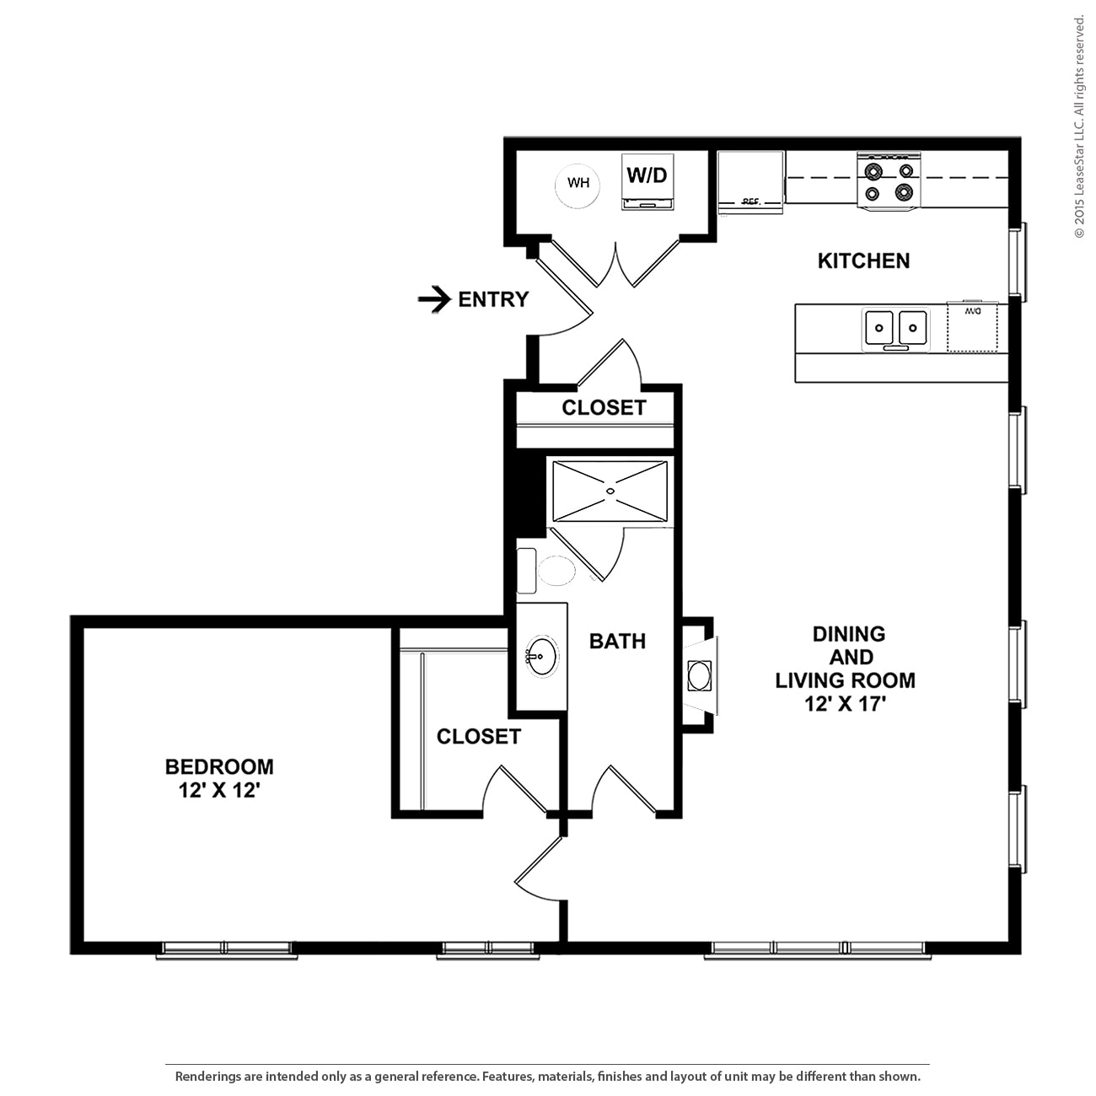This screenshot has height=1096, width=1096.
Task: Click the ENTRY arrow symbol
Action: pos(434,299)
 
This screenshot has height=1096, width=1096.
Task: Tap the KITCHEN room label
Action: pos(863,261)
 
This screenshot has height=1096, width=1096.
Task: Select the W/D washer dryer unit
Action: pos(647,181)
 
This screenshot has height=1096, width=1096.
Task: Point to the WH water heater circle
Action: pos(578,183)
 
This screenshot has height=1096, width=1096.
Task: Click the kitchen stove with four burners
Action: pos(889,180)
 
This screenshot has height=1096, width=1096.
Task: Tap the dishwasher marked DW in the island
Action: pos(972,325)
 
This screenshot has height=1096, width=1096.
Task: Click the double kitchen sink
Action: pos(895,328)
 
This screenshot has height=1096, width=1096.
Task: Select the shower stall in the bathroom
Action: pos(610,492)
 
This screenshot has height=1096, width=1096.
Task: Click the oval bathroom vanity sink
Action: pos(541,656)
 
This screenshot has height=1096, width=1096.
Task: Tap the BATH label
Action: pos(617,641)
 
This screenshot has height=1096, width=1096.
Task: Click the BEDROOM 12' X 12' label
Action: pos(219,778)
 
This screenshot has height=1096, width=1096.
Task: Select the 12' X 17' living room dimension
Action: pos(846,704)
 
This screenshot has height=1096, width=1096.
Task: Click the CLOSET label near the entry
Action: pos(604,407)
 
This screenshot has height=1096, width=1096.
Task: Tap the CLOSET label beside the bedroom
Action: pos(478,736)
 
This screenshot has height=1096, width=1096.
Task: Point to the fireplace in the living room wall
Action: pos(700,674)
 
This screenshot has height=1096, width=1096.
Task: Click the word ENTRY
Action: pos(493,299)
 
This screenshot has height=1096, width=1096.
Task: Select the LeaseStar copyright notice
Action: pos(1079,126)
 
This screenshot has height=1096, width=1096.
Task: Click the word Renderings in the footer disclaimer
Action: pos(207,1077)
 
